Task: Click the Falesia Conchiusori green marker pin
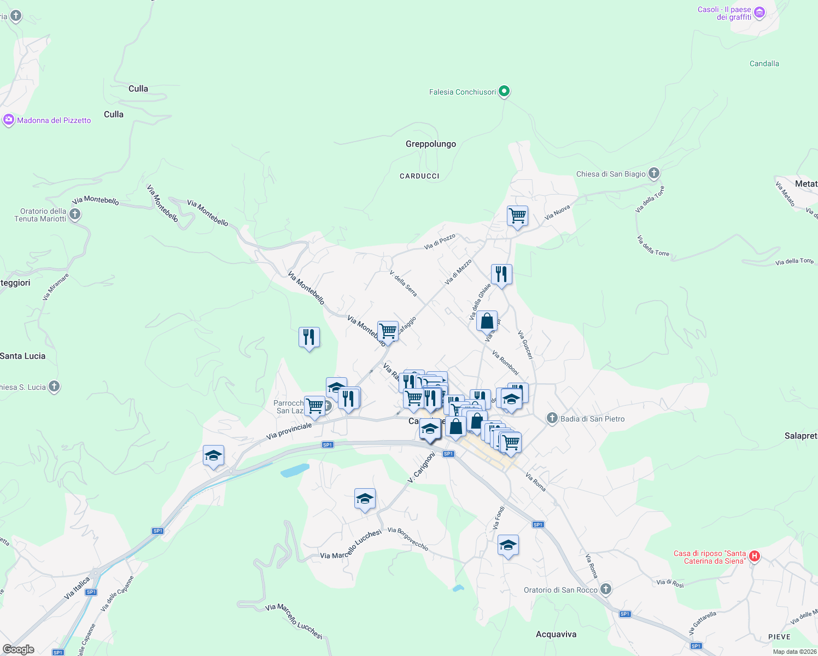coord(504,91)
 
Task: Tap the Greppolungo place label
coord(431,144)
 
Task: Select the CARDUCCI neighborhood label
coord(419,176)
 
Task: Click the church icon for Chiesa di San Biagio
coord(653,174)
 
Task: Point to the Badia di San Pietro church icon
coord(552,419)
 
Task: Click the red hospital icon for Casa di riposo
coord(755,557)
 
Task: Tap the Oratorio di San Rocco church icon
coord(605,589)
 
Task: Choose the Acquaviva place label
coord(556,634)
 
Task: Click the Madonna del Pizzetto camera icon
coord(8,120)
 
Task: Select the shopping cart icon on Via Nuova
coord(517,216)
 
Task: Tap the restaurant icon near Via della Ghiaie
coord(501,274)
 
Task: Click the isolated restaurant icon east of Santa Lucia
coord(309,337)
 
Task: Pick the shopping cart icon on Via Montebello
coord(388,331)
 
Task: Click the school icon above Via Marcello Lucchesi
coord(365,499)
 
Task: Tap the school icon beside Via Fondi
coord(508,545)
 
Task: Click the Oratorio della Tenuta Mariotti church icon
coord(75,214)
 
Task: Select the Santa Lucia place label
coord(23,356)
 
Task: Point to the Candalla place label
coord(764,63)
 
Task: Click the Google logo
coord(19,649)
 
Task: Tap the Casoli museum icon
coord(759,13)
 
